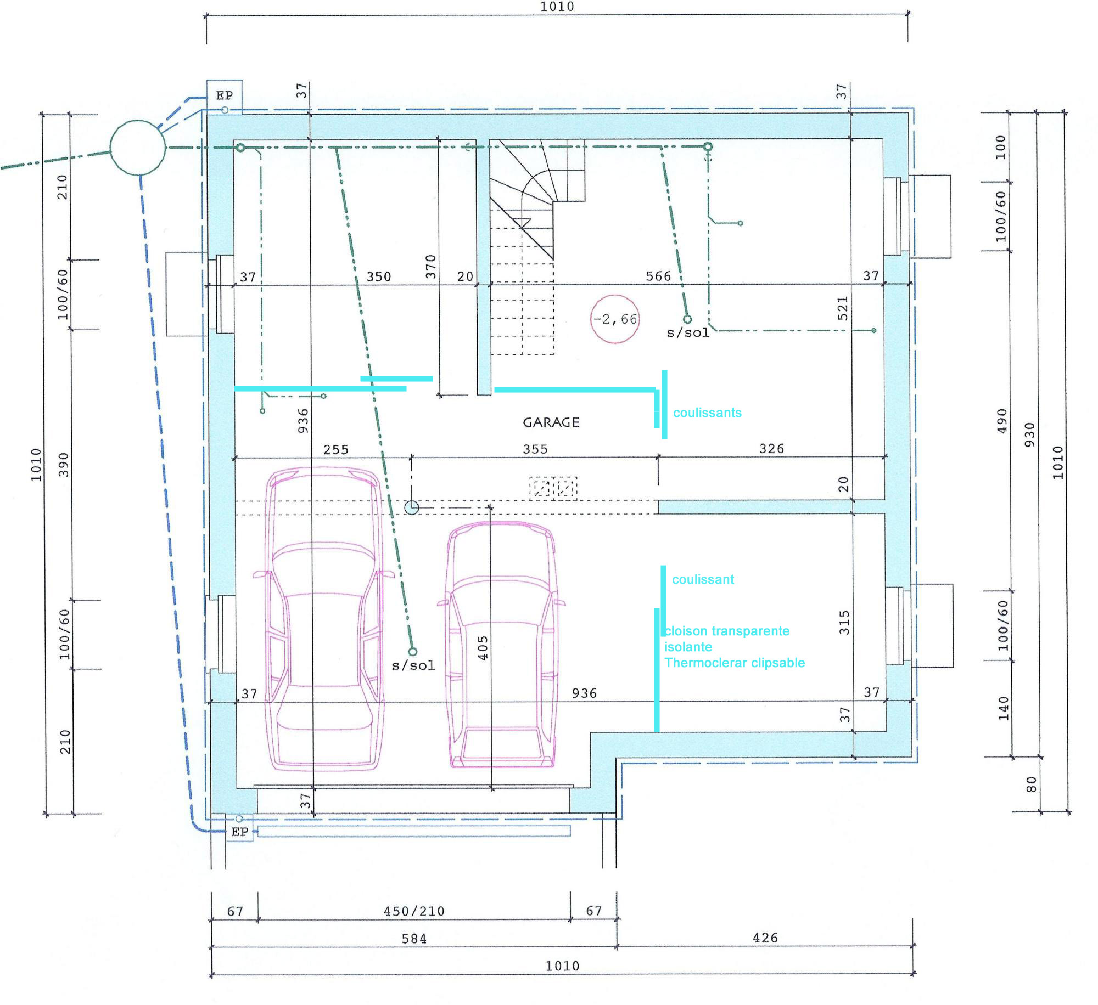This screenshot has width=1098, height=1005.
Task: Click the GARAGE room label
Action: coord(551,422)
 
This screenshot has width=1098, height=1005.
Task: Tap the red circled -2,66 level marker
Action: coord(615,319)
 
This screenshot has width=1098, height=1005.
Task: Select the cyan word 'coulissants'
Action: coord(707,413)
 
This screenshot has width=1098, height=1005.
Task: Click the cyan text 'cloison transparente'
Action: coord(727,631)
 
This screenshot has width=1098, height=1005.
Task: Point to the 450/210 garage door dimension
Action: coord(414,911)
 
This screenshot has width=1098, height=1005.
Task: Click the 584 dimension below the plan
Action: coord(414,939)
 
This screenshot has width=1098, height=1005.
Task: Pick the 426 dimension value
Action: coord(765,938)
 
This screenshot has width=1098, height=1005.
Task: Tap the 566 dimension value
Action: coord(658,276)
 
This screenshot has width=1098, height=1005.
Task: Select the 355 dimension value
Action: coord(535,449)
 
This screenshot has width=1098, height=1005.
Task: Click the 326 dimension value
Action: coord(771,449)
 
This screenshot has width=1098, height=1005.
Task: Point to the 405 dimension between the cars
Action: coord(483,648)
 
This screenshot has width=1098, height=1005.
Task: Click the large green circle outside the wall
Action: coord(137,148)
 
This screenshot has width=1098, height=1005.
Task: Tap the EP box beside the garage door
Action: coord(240,832)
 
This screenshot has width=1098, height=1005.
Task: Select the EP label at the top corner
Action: coord(225,95)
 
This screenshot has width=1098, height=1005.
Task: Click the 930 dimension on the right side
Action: coord(1030,434)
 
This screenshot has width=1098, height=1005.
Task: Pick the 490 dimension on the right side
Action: coord(1002,421)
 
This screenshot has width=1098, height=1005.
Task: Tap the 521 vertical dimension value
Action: coord(843,308)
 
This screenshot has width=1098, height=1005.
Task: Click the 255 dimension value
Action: coord(336,450)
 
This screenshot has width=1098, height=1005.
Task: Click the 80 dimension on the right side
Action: coord(1032,784)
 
